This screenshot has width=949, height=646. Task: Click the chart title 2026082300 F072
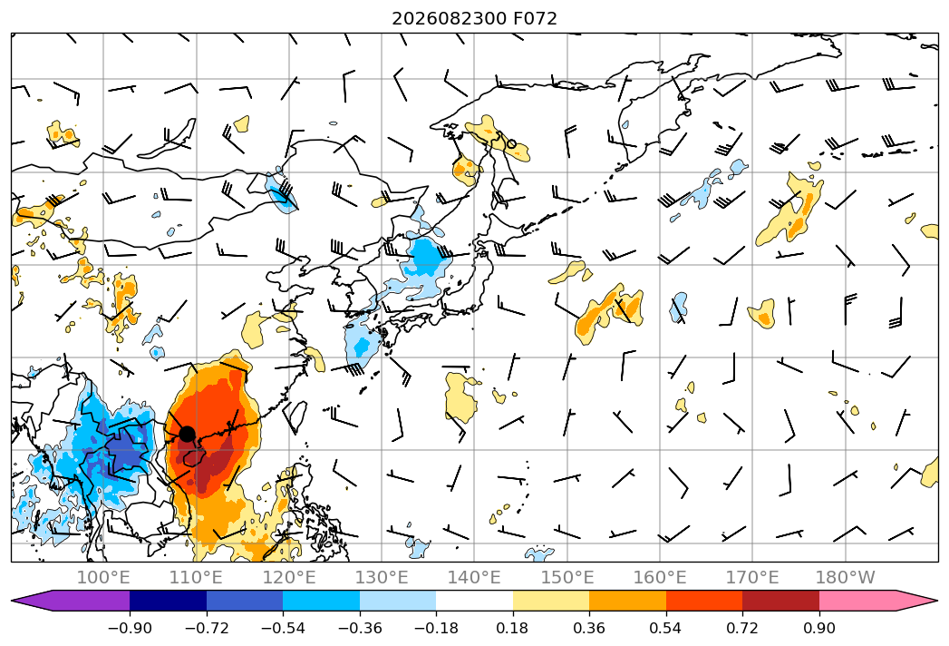[474, 19]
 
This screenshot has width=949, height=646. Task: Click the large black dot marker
[187, 434]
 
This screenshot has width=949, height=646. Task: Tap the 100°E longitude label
[103, 577]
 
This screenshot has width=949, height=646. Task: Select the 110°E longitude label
[196, 577]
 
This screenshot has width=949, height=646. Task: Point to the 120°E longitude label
[289, 577]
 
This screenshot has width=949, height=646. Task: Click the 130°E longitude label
[382, 577]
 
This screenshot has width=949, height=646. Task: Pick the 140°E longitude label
[474, 577]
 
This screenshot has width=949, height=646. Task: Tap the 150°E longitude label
[567, 577]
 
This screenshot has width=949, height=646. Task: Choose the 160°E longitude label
[660, 577]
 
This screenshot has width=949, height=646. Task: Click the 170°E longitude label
[752, 577]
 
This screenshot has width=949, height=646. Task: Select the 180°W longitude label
[846, 577]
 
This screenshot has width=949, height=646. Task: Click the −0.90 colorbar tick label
[130, 628]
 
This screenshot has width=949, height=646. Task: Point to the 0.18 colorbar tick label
[513, 628]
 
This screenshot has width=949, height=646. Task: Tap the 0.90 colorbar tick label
[818, 628]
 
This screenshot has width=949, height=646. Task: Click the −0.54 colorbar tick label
[283, 628]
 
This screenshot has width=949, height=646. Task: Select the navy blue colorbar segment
[169, 601]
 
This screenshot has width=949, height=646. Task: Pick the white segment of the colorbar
[475, 601]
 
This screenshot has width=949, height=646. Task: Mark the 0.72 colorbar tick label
[742, 628]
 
